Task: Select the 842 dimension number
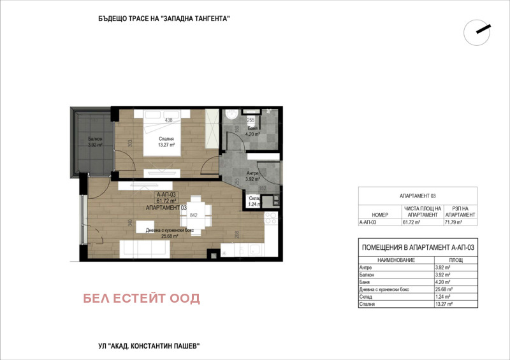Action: pyautogui.click(x=194, y=215)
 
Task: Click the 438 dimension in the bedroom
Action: pyautogui.click(x=169, y=120)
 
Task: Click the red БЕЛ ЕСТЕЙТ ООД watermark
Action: pyautogui.click(x=142, y=298)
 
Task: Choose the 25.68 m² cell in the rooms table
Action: pyautogui.click(x=444, y=289)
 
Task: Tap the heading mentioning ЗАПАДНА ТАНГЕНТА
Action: pyautogui.click(x=160, y=19)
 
